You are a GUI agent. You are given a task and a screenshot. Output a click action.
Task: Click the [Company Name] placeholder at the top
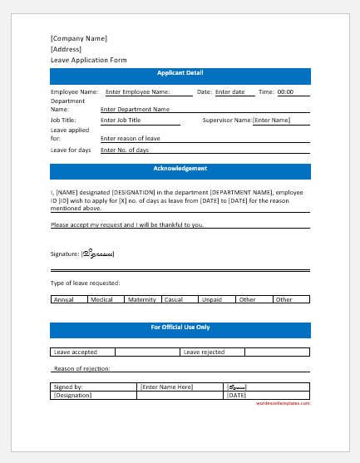coord(79,38)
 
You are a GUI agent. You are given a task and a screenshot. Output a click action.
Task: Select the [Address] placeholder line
coord(66,49)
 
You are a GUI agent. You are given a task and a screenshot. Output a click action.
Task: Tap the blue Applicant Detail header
coord(180,74)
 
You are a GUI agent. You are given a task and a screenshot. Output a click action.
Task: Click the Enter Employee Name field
coord(137,91)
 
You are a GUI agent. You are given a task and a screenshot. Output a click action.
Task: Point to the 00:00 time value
coord(285,91)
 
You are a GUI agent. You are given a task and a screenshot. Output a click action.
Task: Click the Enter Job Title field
coord(120,121)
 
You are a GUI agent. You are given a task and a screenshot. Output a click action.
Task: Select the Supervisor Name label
coord(227,121)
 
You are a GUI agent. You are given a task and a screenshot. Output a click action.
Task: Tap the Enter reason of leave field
coord(130,138)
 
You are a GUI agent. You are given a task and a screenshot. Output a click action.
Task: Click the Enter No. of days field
coord(125,150)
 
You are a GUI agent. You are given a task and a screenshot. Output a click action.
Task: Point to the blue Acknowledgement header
coord(180,169)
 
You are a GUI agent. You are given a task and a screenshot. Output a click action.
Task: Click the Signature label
coord(64,254)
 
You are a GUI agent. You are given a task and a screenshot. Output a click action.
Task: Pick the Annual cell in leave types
coord(63,299)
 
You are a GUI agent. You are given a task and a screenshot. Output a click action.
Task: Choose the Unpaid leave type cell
coord(212,299)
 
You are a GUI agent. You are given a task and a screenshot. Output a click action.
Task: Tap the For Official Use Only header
coord(180,328)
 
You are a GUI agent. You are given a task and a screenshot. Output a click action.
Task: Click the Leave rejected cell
coord(204,352)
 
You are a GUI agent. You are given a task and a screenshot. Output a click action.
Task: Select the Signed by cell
coord(67,387)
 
